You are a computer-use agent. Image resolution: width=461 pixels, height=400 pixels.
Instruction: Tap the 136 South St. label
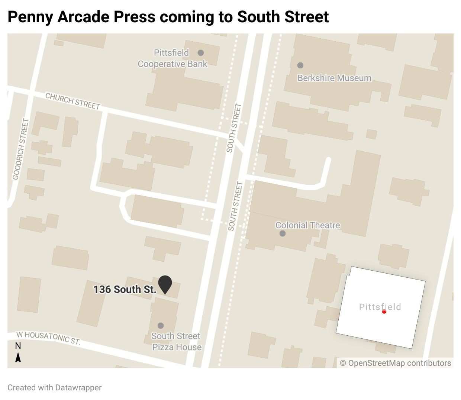pyautogui.click(x=125, y=290)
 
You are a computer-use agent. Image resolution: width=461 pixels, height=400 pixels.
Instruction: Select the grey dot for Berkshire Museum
pyautogui.click(x=300, y=65)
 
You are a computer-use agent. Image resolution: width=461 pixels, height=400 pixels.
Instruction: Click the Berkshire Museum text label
pyautogui.click(x=334, y=78)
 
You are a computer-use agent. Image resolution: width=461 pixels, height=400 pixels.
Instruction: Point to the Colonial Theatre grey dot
pyautogui.click(x=283, y=233)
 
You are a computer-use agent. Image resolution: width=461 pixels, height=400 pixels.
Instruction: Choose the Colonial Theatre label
pyautogui.click(x=307, y=225)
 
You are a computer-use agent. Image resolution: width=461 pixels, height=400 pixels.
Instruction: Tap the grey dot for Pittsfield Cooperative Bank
pyautogui.click(x=201, y=53)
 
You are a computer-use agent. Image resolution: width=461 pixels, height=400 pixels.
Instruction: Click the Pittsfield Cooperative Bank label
pyautogui.click(x=172, y=58)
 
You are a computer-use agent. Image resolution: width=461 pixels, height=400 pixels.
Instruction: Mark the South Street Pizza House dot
pyautogui.click(x=161, y=326)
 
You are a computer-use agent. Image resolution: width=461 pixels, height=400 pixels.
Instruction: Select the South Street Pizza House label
pyautogui.click(x=177, y=342)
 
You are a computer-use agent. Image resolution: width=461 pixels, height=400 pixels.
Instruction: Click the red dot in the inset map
pyautogui.click(x=384, y=312)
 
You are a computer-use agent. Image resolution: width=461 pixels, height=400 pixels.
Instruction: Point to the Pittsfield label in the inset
pyautogui.click(x=380, y=307)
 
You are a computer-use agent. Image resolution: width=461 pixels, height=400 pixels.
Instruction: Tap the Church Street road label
pyautogui.click(x=73, y=101)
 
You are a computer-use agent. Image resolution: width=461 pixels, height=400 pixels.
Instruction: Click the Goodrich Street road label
pyautogui.click(x=20, y=149)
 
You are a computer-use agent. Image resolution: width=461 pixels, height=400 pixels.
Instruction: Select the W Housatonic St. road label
pyautogui.click(x=48, y=338)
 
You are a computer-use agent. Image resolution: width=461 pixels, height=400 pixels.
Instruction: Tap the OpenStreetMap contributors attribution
pyautogui.click(x=396, y=363)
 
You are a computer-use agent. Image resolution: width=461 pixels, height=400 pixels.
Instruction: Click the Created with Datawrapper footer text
pyautogui.click(x=54, y=388)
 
